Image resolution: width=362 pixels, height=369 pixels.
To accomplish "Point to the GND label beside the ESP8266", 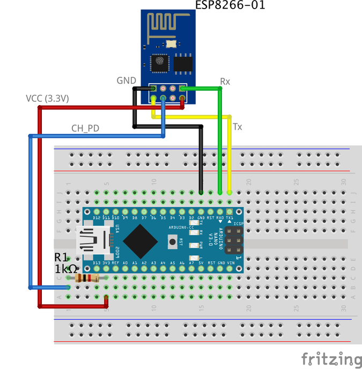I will pyautogui.click(x=127, y=80).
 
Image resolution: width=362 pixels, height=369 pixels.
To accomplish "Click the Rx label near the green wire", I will pyautogui.click(x=225, y=82).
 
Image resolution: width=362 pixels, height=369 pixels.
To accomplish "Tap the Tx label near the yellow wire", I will pyautogui.click(x=238, y=127).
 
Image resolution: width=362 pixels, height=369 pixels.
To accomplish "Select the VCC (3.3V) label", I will pyautogui.click(x=47, y=99).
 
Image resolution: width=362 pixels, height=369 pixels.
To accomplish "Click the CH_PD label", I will pyautogui.click(x=85, y=128).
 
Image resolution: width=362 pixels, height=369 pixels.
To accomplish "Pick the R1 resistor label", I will pyautogui.click(x=62, y=258).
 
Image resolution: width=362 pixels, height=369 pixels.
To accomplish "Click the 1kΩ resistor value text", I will pyautogui.click(x=66, y=269).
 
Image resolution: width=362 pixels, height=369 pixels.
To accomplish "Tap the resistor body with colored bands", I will pyautogui.click(x=87, y=277).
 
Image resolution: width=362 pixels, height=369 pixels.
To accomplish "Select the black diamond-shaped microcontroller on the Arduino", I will pyautogui.click(x=141, y=240).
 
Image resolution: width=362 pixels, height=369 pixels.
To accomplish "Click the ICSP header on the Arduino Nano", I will pyautogui.click(x=233, y=240).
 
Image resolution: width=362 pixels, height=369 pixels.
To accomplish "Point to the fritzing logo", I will pyautogui.click(x=330, y=358).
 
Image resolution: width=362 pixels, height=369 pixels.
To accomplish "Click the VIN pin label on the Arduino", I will pyautogui.click(x=230, y=263).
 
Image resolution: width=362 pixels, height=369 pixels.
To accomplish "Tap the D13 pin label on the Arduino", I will pyautogui.click(x=97, y=263).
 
